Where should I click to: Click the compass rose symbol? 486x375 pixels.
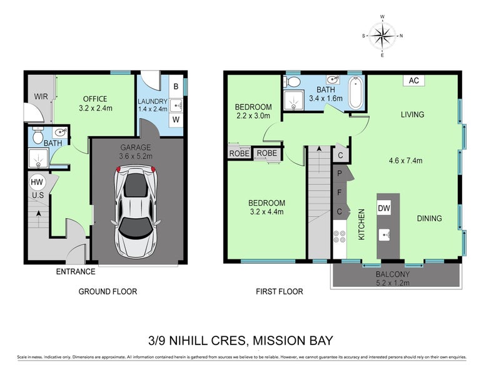click(382, 35)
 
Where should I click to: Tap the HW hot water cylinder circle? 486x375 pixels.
click(37, 182)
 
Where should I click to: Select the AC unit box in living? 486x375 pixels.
click(413, 81)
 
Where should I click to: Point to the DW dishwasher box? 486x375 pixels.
click(385, 208)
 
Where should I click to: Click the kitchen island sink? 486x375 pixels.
click(385, 235)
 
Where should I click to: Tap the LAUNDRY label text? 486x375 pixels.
click(153, 101)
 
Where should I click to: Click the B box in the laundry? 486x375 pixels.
click(176, 86)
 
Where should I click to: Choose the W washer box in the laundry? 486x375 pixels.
click(176, 119)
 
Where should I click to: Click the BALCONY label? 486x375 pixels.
click(393, 274)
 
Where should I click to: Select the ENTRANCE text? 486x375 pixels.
click(76, 271)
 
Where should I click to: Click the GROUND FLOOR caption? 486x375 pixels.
click(108, 291)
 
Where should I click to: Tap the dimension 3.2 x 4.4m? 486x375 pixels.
click(266, 212)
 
